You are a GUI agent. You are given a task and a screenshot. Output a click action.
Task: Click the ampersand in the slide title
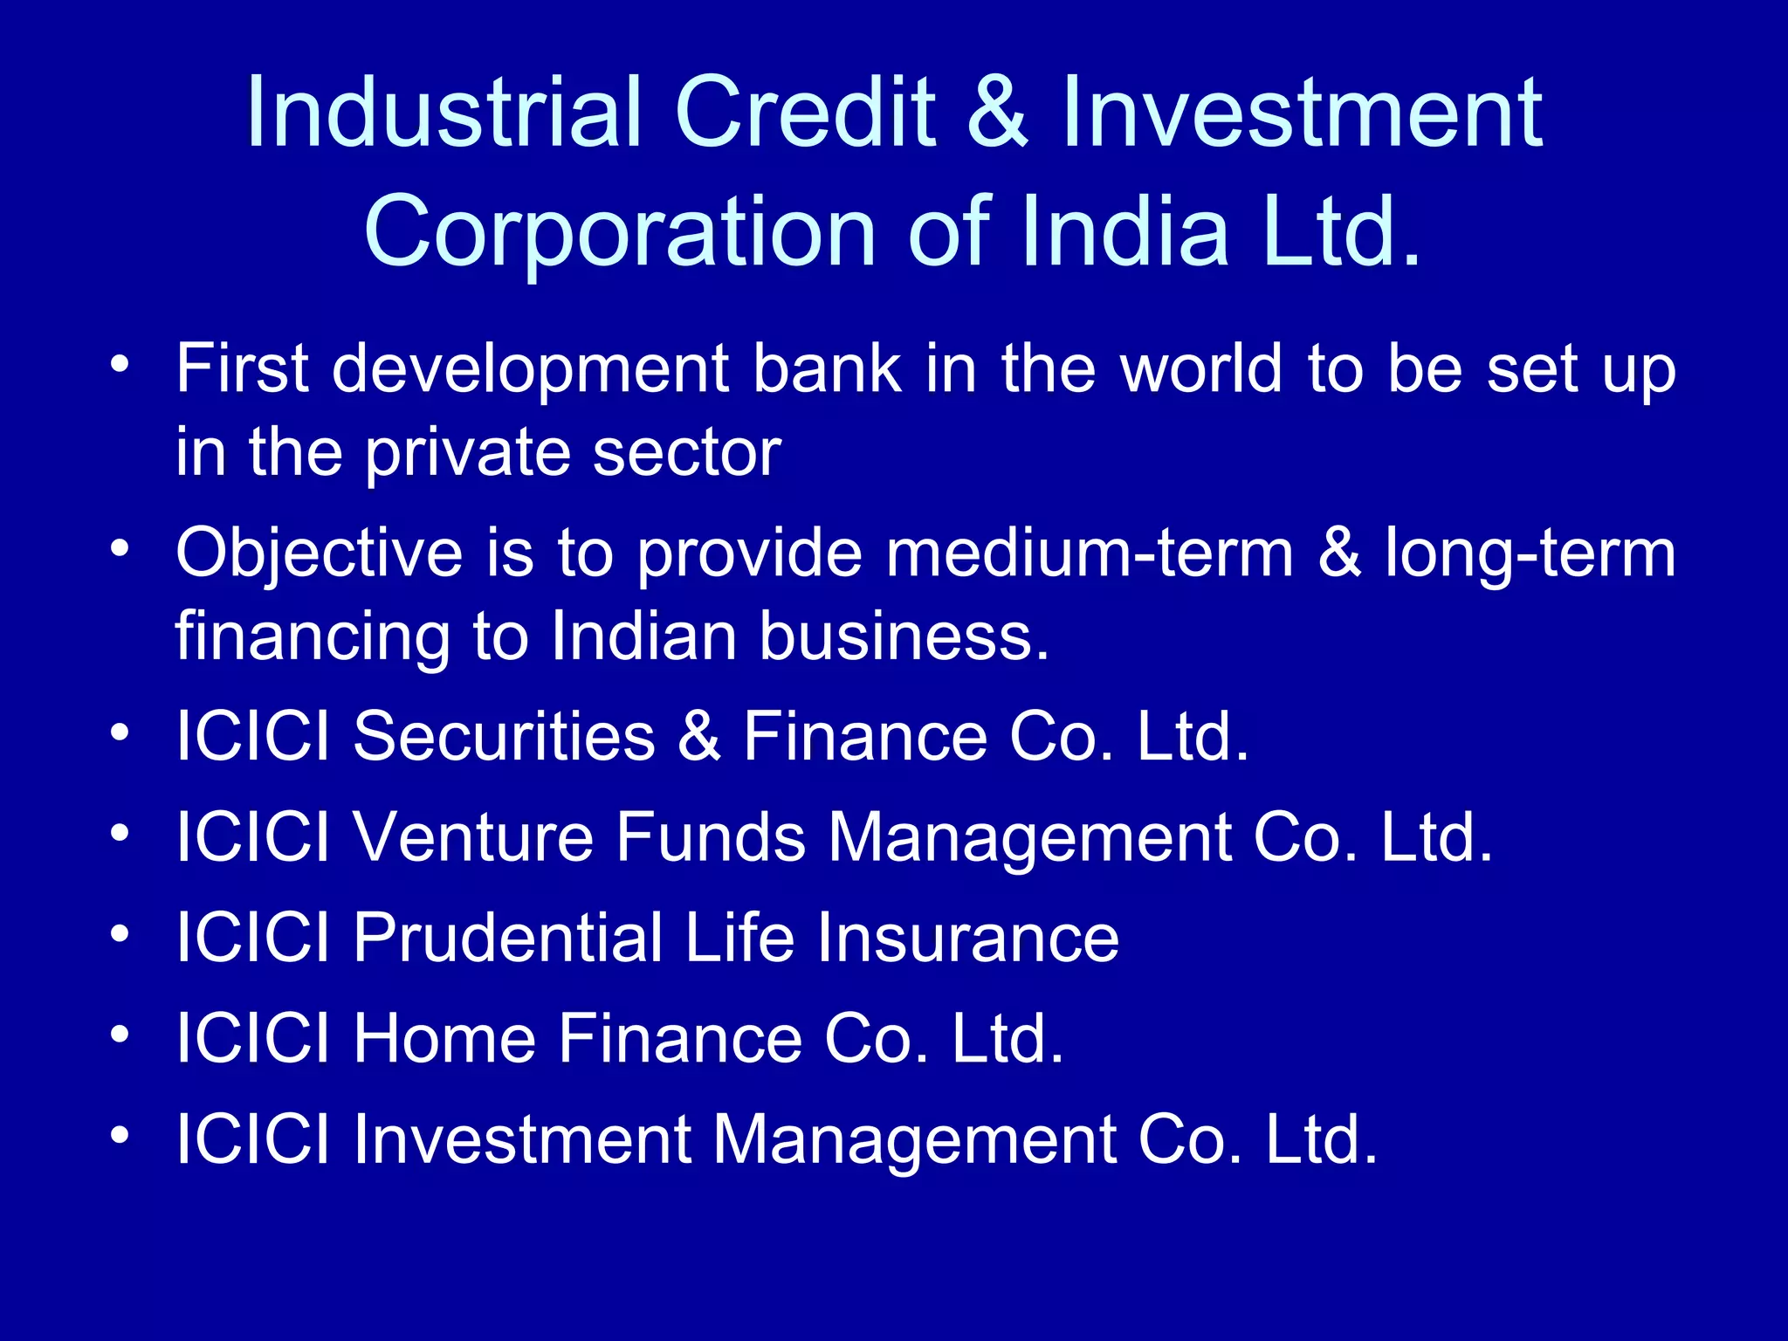(998, 113)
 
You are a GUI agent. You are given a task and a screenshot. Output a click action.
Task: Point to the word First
(243, 368)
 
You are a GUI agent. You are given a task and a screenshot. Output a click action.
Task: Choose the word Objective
(319, 555)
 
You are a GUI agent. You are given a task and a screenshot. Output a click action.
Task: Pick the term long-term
(1530, 555)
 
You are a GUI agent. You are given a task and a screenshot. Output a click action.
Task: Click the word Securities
(504, 736)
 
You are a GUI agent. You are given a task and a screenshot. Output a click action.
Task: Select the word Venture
(472, 837)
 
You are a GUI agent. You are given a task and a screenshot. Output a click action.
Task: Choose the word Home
(444, 1039)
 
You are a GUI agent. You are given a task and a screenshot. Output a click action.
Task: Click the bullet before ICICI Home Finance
(120, 1034)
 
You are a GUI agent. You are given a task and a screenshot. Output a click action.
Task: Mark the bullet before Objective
(120, 548)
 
